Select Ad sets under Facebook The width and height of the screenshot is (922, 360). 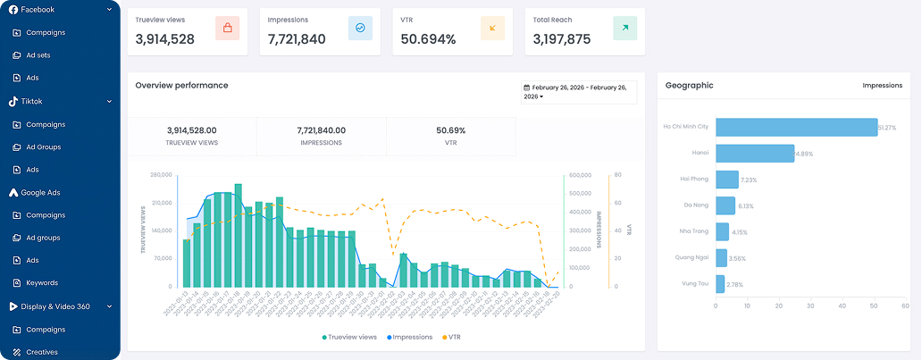point(38,55)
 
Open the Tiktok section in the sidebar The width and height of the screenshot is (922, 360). point(32,101)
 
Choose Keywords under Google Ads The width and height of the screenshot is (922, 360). point(41,283)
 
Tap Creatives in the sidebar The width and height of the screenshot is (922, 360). point(41,352)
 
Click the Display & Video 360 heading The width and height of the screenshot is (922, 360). point(57,306)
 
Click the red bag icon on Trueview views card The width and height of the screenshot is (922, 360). point(227,29)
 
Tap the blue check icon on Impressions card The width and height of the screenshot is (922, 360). point(360,29)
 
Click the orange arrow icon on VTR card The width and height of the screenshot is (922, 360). point(492,29)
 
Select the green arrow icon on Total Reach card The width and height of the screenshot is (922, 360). point(624,29)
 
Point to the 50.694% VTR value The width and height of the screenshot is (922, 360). point(428,39)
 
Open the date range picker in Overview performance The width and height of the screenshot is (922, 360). point(578,92)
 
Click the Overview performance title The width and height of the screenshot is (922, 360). point(181,86)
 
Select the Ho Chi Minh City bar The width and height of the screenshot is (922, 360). point(796,127)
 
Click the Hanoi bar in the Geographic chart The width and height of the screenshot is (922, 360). point(755,153)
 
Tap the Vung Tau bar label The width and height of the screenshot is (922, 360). point(694,284)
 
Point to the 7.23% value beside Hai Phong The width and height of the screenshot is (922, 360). point(749,180)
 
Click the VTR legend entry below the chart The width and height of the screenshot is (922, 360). point(453,338)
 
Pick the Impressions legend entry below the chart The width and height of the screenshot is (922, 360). point(411,338)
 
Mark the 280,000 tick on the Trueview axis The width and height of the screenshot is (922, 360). point(161,175)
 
